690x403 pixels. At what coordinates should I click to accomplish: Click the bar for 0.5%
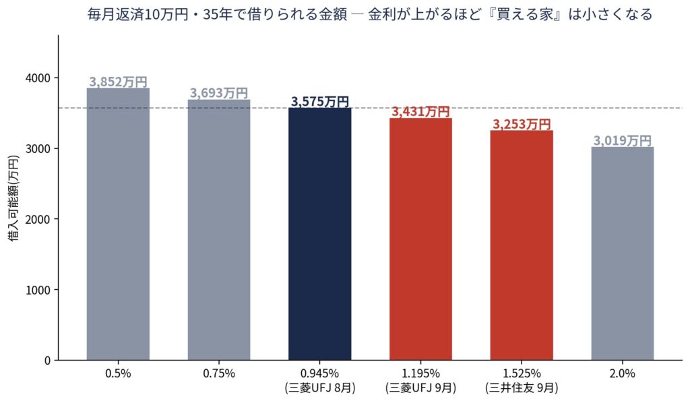pos(118,224)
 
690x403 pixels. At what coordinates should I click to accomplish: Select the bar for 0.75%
pos(219,230)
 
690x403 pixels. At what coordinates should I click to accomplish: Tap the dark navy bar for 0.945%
pos(320,234)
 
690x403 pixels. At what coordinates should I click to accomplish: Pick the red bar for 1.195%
pos(420,239)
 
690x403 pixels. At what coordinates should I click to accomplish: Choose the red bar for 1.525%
pos(522,245)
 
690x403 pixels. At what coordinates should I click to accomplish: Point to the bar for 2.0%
pos(622,253)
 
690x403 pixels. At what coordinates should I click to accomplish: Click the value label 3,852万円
pos(118,82)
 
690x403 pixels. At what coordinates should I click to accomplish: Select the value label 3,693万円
pos(219,93)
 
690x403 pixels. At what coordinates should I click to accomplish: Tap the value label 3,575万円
pos(320,102)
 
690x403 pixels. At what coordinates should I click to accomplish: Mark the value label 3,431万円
pos(420,112)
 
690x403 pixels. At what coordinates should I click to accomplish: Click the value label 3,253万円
pos(522,124)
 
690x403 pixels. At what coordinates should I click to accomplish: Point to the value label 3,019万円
pos(622,141)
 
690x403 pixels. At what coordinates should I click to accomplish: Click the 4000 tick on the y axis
pos(38,78)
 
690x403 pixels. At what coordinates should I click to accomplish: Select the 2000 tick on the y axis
pos(38,219)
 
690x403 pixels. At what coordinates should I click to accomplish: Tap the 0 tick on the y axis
pos(48,361)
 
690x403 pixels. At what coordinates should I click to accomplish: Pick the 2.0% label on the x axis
pos(622,373)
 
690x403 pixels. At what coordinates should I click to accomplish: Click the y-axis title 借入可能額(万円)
pos(13,198)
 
